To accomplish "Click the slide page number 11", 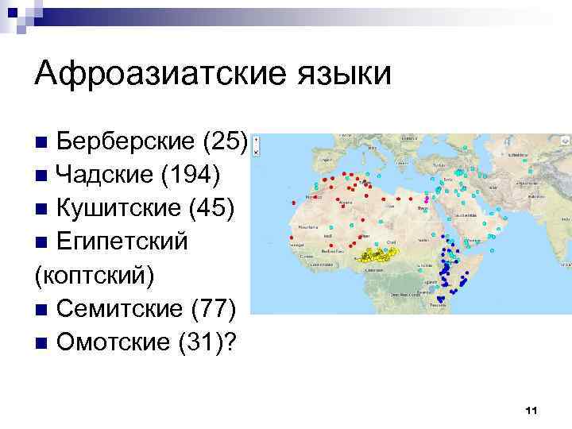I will (x=531, y=410).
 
